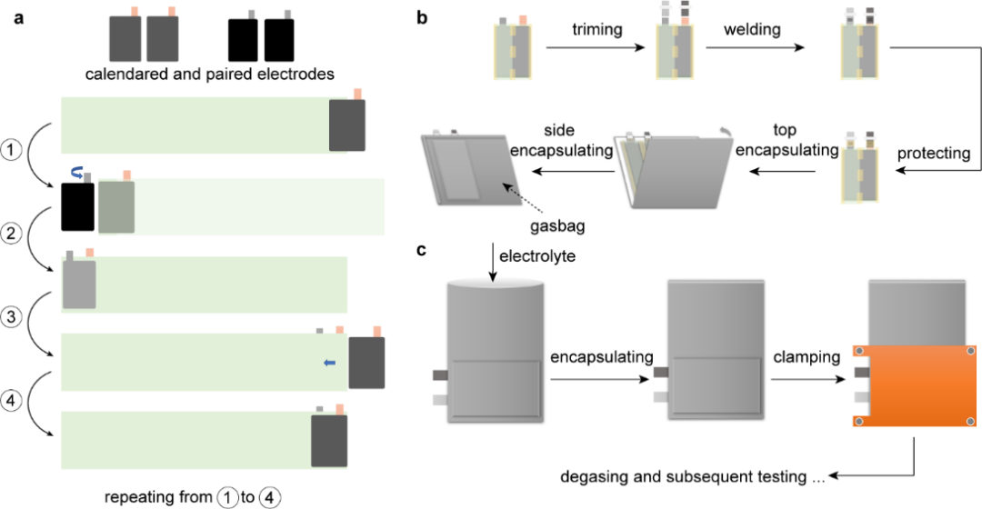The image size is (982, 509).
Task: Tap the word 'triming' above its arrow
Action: coord(597,29)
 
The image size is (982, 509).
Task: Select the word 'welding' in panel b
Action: coord(754,29)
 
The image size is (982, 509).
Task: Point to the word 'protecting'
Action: coord(931,152)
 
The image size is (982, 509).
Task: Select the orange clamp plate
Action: coord(916,385)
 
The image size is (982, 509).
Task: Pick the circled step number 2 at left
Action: coord(13,233)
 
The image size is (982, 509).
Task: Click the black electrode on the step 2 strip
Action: coord(77,206)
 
